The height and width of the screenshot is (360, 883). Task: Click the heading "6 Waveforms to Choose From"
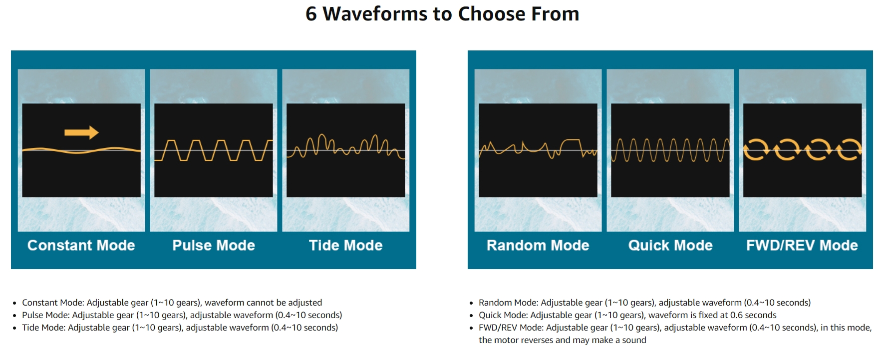(x=442, y=14)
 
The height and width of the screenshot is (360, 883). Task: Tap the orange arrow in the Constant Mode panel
(x=81, y=132)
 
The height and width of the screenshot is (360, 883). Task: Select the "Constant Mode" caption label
(x=81, y=245)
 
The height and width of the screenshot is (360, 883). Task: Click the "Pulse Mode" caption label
(x=214, y=245)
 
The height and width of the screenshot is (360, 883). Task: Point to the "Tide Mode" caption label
(x=345, y=245)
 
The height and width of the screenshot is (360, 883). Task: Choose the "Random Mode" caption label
(x=538, y=245)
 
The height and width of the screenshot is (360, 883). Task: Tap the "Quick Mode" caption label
(x=670, y=245)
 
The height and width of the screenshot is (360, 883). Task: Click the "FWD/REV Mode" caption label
(x=802, y=245)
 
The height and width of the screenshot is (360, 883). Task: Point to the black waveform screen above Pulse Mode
(x=214, y=150)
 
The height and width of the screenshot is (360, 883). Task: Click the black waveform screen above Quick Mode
(x=670, y=150)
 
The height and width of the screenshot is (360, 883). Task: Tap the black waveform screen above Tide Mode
(x=345, y=150)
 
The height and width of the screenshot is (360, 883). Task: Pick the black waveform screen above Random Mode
(x=538, y=150)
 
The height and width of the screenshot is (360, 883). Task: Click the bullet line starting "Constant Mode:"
(x=172, y=303)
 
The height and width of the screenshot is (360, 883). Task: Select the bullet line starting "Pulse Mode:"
(x=182, y=315)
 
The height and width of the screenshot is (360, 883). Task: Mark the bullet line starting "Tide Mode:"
(x=180, y=328)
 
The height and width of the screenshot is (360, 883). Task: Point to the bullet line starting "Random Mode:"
(x=644, y=303)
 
